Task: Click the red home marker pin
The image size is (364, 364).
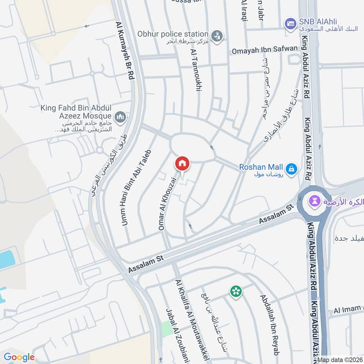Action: tap(182, 163)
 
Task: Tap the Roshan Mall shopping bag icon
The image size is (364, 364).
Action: tap(292, 170)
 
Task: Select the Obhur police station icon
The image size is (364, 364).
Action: tap(217, 35)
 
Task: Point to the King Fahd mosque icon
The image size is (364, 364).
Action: tap(120, 118)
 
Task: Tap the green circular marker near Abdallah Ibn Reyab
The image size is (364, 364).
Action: tap(236, 291)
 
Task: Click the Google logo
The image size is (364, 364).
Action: tap(19, 357)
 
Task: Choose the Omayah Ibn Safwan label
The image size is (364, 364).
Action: tap(264, 49)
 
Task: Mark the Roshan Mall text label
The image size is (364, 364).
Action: tap(261, 167)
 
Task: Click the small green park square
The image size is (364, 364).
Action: tap(167, 329)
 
